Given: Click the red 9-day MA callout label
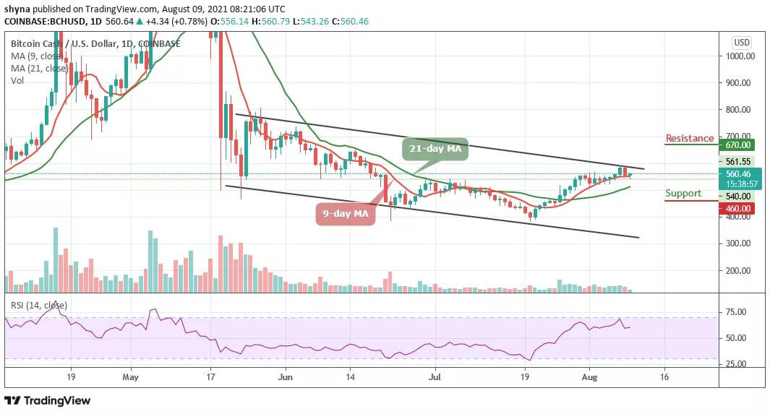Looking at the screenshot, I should pyautogui.click(x=345, y=214).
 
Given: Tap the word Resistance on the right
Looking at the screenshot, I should pyautogui.click(x=690, y=138).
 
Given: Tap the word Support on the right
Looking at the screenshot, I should pyautogui.click(x=684, y=193).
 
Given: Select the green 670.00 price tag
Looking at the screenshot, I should pyautogui.click(x=743, y=145).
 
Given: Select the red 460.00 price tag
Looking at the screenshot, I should pyautogui.click(x=743, y=208).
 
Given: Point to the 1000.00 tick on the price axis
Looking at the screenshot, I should pyautogui.click(x=742, y=56).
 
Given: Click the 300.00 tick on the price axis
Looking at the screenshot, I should pyautogui.click(x=742, y=243).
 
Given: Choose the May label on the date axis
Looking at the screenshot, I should pyautogui.click(x=130, y=376).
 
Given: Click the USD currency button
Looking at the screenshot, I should pyautogui.click(x=742, y=42).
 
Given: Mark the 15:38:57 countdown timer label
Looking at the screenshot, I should pyautogui.click(x=743, y=184).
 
